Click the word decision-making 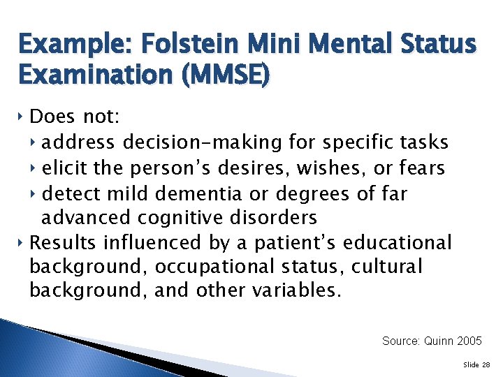pyautogui.click(x=202, y=143)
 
